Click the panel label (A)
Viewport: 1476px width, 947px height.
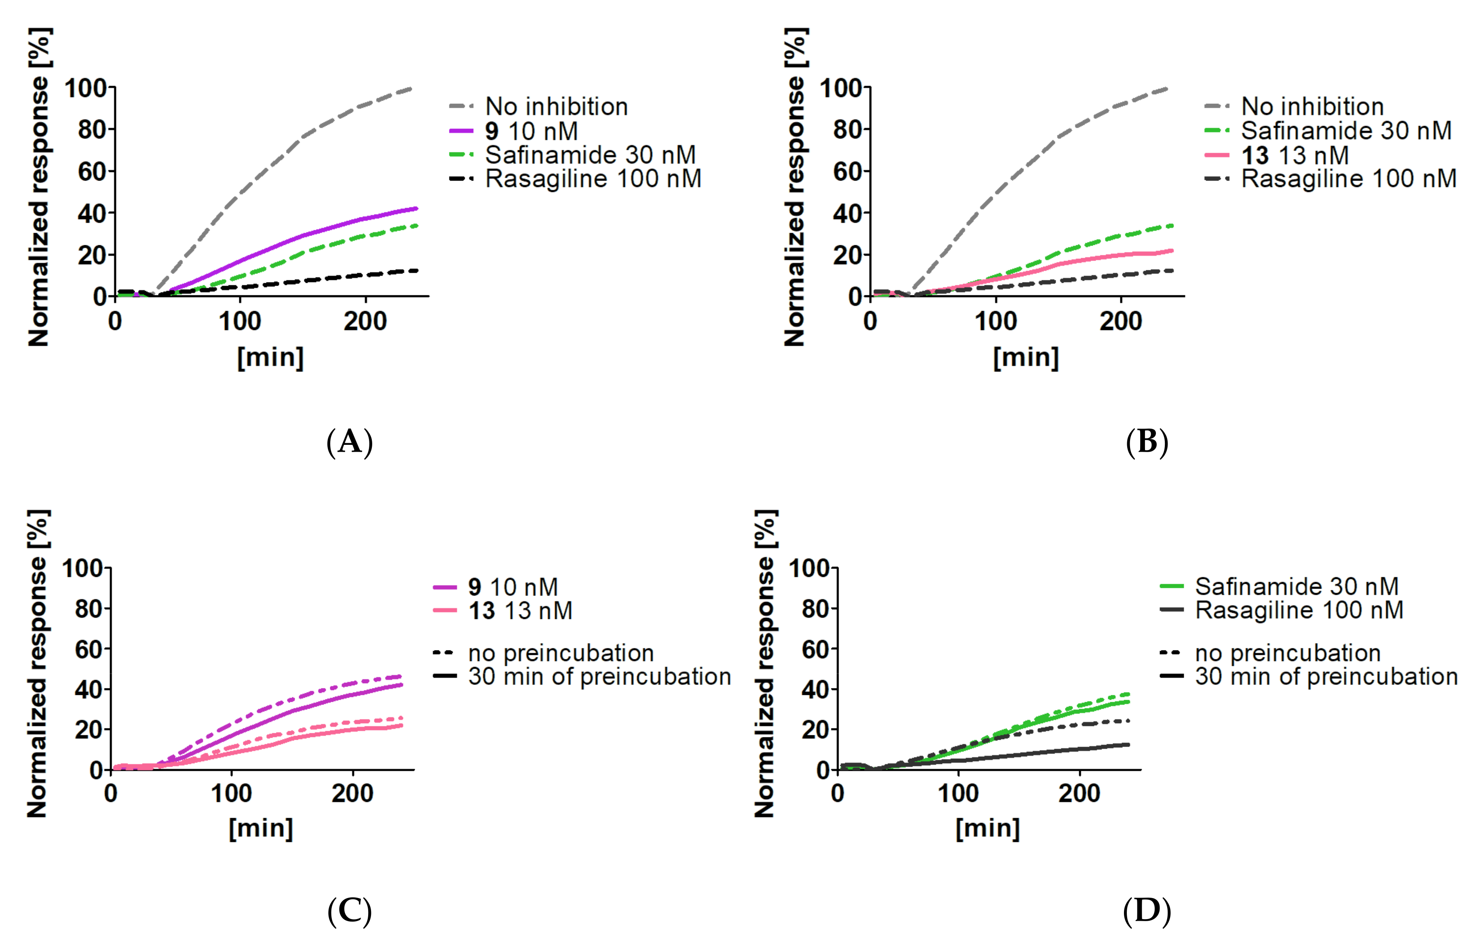coord(349,442)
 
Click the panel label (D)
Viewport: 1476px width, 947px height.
coord(1146,911)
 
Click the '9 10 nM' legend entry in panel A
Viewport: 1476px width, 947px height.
coord(531,131)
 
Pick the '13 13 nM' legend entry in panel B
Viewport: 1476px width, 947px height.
coord(1294,155)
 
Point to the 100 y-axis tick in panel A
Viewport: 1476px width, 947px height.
coord(86,88)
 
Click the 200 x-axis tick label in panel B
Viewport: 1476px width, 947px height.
coord(1120,322)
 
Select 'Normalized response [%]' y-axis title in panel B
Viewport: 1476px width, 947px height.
coord(795,187)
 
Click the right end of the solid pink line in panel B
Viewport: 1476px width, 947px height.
coord(1172,250)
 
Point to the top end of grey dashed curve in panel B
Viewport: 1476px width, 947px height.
coord(1167,88)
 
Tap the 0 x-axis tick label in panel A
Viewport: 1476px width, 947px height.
coord(115,322)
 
